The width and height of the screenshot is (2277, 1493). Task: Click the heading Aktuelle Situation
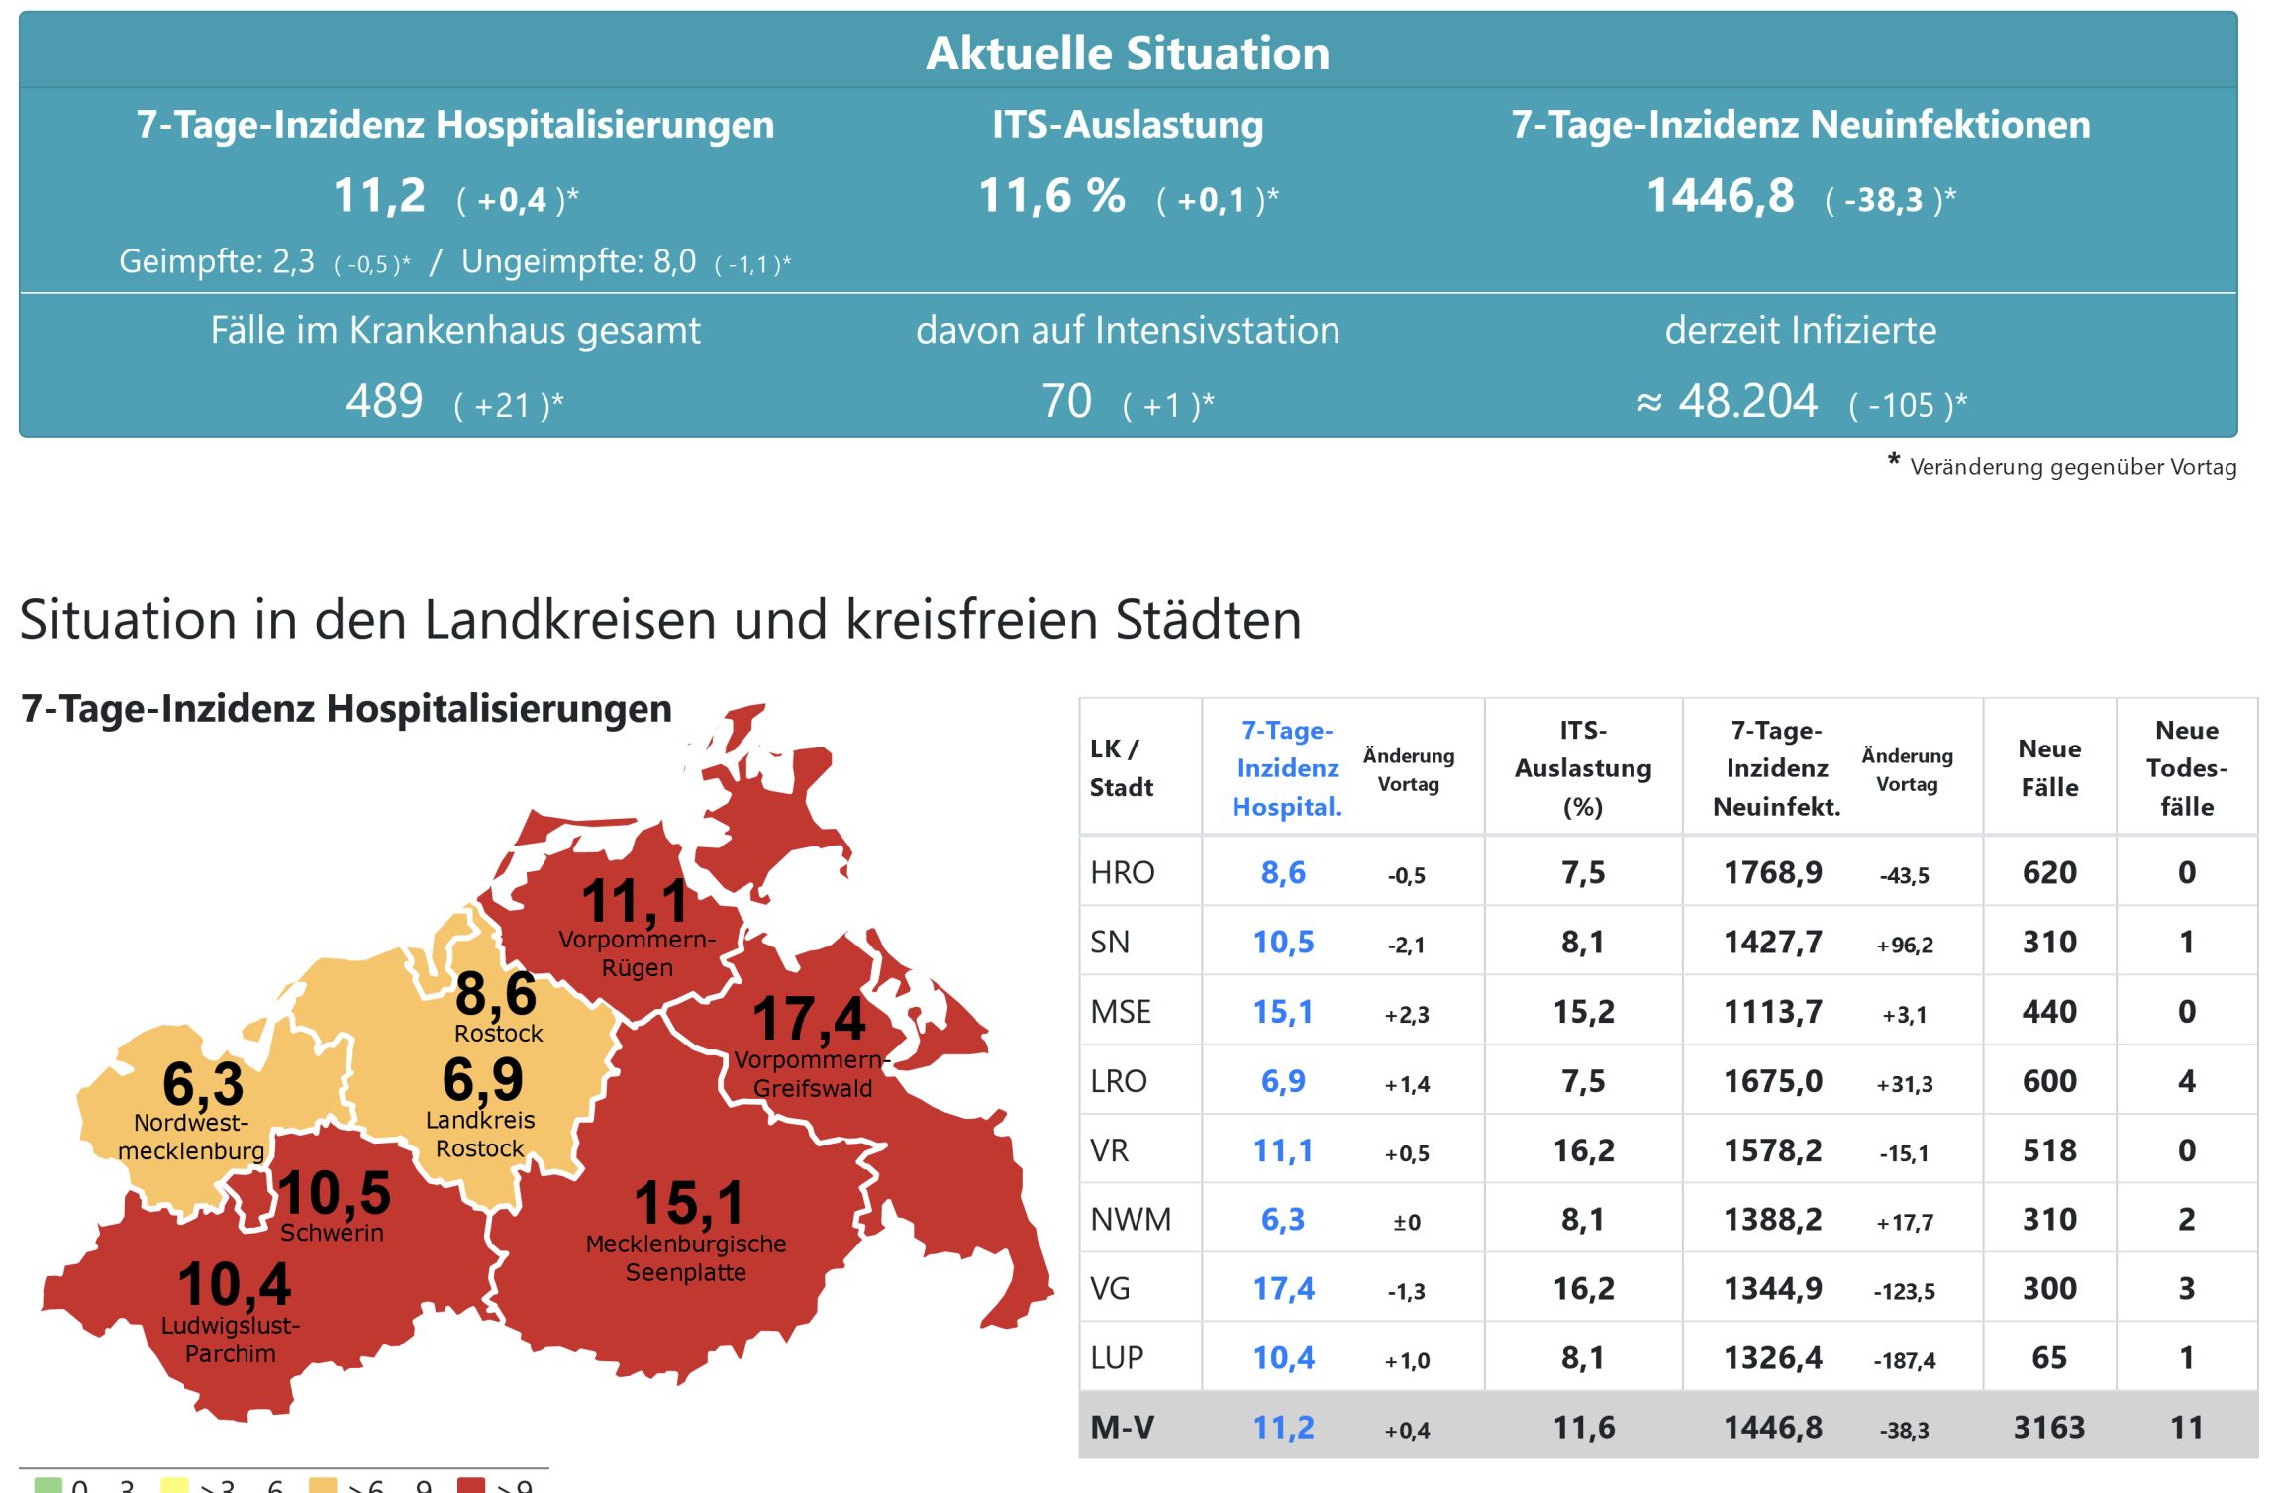[1127, 53]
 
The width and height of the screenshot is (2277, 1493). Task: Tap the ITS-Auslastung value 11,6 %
[1051, 196]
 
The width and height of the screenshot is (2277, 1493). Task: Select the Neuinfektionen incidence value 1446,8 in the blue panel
[1720, 196]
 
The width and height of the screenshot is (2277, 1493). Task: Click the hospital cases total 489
[384, 402]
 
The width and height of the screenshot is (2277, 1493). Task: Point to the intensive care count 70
[1066, 402]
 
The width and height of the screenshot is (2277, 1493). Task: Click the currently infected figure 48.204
[1747, 402]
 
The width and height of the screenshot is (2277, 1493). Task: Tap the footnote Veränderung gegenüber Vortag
[2072, 467]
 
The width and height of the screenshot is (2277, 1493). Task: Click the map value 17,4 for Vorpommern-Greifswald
[809, 1019]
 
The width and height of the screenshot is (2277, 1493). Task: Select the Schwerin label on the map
[332, 1233]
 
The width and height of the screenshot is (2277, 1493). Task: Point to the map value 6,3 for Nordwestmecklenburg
[203, 1084]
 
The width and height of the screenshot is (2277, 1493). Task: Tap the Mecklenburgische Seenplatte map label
[686, 1257]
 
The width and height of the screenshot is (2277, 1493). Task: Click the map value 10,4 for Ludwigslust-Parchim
[235, 1285]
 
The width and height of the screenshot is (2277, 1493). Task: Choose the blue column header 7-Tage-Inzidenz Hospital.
[1286, 768]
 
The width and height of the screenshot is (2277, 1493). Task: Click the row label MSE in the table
[1121, 1012]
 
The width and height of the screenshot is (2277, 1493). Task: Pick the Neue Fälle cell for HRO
[2049, 873]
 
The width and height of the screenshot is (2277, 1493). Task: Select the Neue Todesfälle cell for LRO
[2186, 1081]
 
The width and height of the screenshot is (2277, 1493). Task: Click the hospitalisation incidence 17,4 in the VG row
[1283, 1289]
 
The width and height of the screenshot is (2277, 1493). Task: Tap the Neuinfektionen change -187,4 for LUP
[1904, 1360]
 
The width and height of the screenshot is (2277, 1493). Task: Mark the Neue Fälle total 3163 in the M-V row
[2049, 1428]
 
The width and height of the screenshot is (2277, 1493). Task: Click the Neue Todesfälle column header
[2186, 768]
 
